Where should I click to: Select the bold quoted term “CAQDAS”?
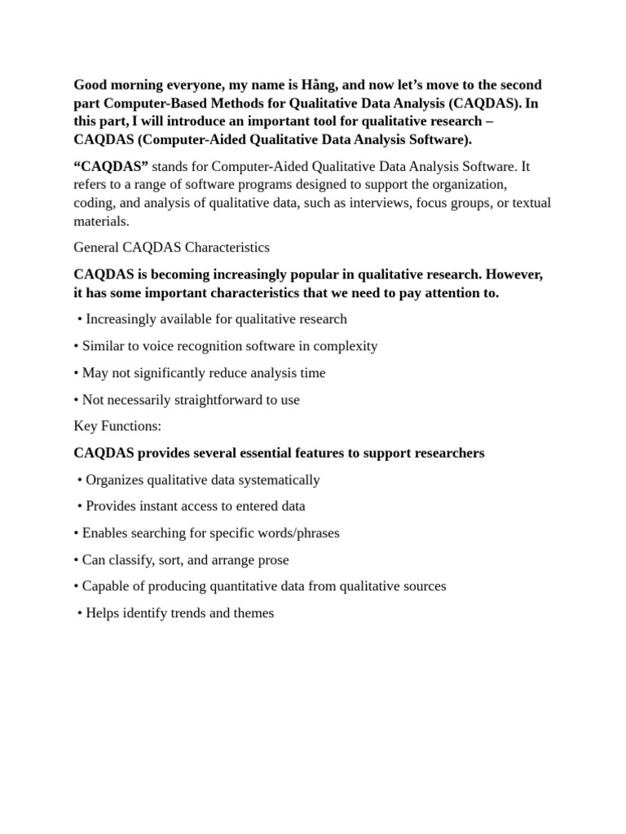coord(111,166)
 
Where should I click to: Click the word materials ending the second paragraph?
coord(101,221)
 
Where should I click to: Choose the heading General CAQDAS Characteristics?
coord(171,247)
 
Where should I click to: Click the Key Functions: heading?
coord(117,426)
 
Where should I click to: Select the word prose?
coord(272,560)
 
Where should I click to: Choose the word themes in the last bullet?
coord(253,612)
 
